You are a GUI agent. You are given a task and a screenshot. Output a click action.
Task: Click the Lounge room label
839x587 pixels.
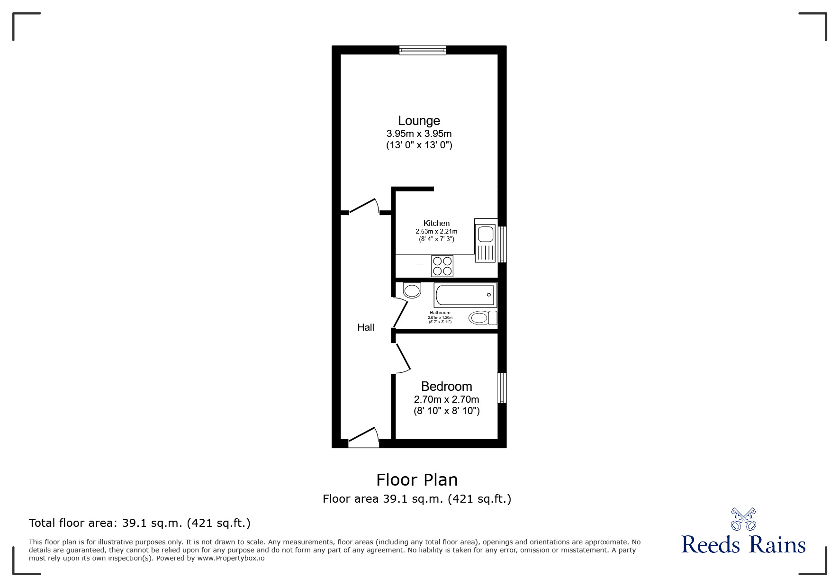click(x=419, y=121)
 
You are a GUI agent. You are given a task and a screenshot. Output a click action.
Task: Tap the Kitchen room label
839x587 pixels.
click(x=436, y=223)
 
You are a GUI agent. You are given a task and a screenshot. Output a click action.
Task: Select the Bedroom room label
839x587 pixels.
click(x=446, y=387)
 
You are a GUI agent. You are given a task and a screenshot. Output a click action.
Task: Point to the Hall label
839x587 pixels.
click(x=366, y=327)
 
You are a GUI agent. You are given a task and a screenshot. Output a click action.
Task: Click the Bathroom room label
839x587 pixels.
click(x=440, y=313)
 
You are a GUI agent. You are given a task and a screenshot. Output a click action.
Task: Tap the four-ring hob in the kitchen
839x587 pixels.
click(x=442, y=266)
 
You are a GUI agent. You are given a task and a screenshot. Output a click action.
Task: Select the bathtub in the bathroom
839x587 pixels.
click(x=465, y=295)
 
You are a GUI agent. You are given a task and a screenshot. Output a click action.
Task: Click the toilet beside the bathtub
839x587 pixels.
click(x=482, y=317)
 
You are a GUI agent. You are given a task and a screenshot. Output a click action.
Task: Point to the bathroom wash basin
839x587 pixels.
click(x=412, y=290)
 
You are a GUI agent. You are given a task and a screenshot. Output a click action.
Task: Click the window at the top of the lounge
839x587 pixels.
click(x=423, y=50)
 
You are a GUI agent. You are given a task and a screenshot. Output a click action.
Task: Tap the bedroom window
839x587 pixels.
click(x=502, y=388)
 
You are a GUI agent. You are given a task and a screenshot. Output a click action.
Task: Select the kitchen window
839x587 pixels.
click(x=502, y=244)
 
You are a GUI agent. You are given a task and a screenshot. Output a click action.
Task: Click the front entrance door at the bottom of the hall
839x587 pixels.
click(x=364, y=438)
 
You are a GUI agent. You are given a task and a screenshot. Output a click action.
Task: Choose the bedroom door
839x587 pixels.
click(x=402, y=358)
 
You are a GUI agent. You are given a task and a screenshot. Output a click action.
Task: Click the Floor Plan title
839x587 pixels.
click(x=417, y=480)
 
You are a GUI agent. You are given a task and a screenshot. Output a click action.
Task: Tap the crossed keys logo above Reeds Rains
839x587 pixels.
click(x=743, y=519)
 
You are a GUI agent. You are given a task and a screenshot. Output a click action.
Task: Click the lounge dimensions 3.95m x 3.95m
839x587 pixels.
click(x=419, y=134)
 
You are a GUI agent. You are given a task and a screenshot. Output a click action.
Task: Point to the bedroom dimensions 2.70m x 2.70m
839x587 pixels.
click(x=446, y=399)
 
